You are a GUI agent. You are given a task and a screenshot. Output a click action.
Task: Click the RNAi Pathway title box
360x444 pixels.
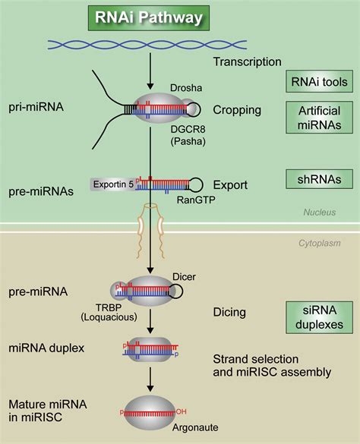(137, 17)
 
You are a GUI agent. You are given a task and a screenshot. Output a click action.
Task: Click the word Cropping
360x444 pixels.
(235, 110)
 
